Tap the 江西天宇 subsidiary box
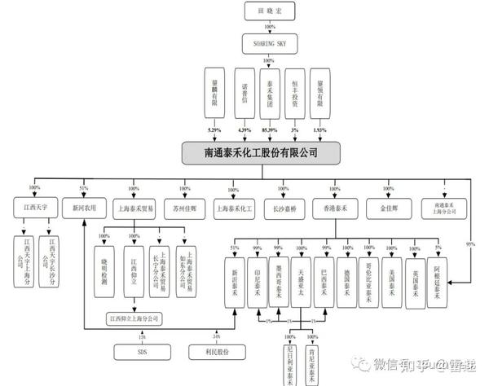pyautogui.click(x=35, y=208)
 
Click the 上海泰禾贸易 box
pyautogui.click(x=134, y=208)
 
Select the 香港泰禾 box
pyautogui.click(x=334, y=208)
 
